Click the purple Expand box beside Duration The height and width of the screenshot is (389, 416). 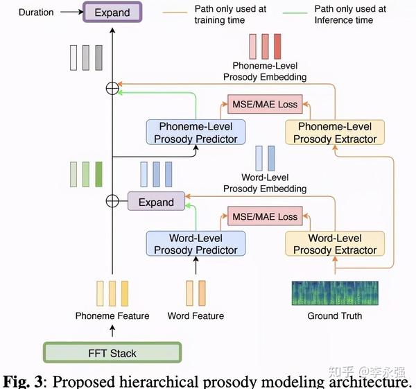(112, 12)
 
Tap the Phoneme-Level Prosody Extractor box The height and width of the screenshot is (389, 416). (335, 132)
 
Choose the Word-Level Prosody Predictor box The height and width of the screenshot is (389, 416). (196, 244)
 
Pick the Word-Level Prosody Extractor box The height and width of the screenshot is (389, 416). (335, 244)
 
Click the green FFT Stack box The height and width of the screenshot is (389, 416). (112, 353)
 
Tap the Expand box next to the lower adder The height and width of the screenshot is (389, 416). (156, 202)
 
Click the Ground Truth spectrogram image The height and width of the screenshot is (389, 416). (335, 293)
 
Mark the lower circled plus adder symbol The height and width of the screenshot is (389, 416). (112, 202)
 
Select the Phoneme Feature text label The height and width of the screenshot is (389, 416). (112, 316)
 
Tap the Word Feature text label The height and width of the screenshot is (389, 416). (196, 316)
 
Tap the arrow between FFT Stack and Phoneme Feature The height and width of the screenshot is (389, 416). (112, 331)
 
